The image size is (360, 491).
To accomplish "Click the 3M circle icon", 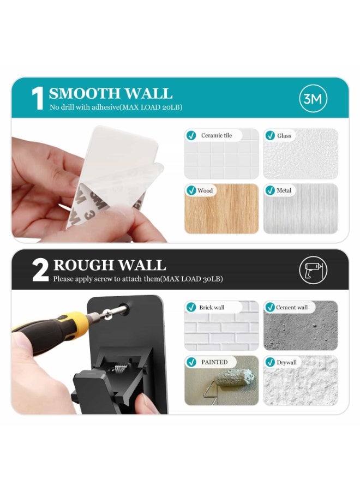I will (314, 98).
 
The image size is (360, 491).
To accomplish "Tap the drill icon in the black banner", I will (314, 270).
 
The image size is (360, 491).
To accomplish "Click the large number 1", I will (38, 99).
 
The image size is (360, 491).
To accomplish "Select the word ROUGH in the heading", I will (81, 265).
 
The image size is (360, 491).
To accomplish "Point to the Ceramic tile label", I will (216, 135).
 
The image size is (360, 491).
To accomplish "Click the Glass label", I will (284, 135).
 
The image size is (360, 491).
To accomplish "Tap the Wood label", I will (205, 190).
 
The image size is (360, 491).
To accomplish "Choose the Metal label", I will (284, 190).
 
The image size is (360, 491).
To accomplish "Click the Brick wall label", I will (212, 307).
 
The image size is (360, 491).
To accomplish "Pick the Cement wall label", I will (292, 307).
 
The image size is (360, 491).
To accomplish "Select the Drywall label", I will (286, 362).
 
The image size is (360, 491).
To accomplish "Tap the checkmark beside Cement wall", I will (270, 307).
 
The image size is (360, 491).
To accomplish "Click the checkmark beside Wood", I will (191, 190).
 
